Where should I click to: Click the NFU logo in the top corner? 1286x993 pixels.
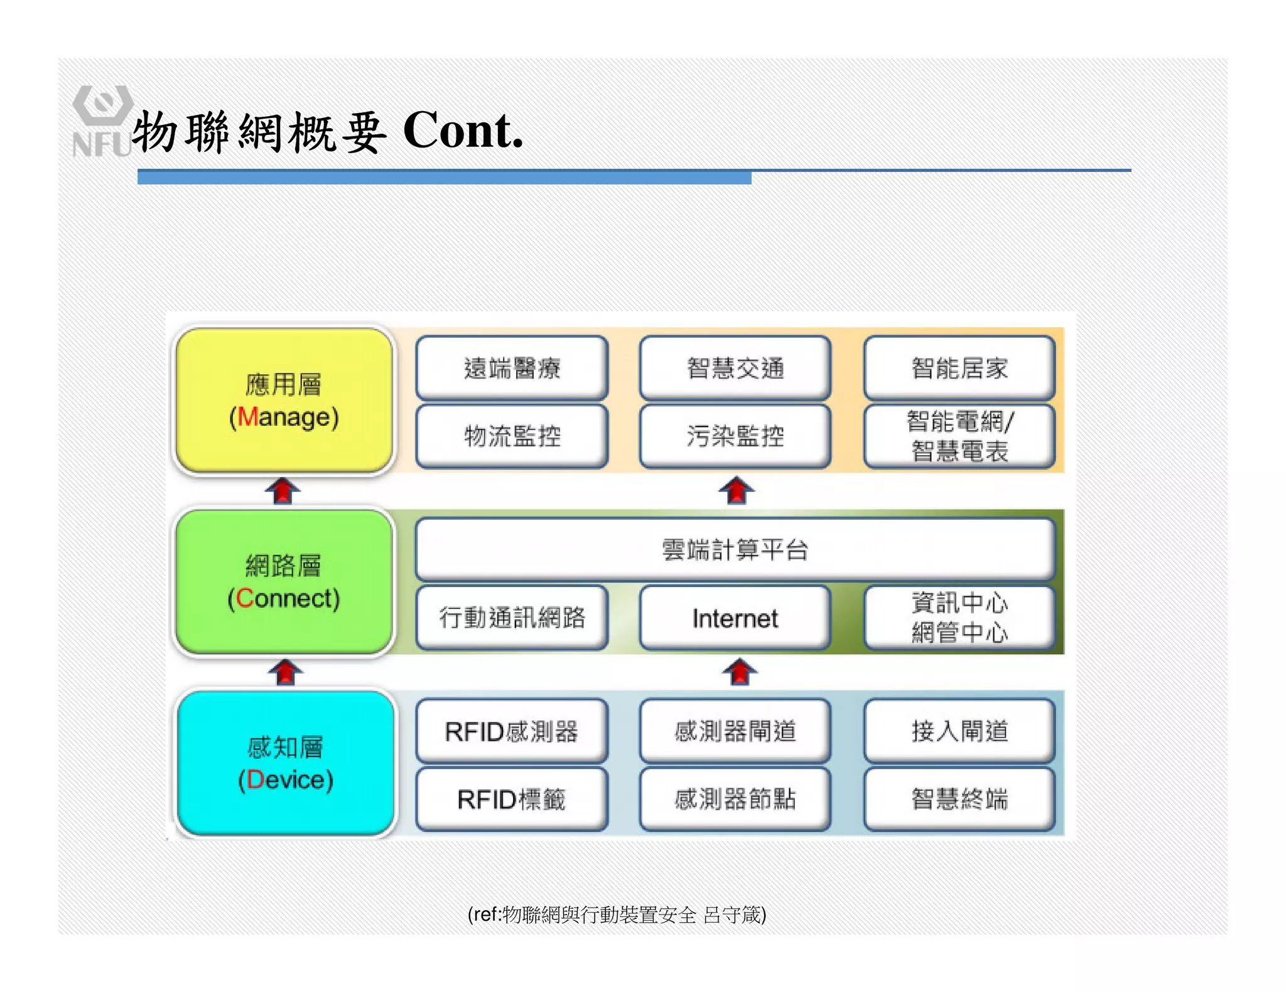coord(102,121)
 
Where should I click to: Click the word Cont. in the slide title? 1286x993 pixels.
coord(463,131)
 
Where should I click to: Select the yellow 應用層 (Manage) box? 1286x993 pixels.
coord(284,400)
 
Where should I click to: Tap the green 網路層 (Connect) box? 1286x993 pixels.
coord(284,582)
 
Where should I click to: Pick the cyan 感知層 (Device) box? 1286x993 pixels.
coord(286,763)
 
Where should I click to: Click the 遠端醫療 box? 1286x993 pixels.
coord(512,368)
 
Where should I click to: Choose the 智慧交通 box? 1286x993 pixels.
coord(735,368)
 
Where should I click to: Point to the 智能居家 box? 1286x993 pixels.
coord(959,368)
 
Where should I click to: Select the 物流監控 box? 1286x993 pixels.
coord(512,436)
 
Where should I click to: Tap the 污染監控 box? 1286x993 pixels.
coord(735,436)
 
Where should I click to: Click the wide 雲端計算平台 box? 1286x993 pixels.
coord(735,549)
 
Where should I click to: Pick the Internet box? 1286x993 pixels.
coord(735,618)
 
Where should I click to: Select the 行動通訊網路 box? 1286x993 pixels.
coord(512,618)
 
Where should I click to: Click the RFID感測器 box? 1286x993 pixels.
coord(512,731)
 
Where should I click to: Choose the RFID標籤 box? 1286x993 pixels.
coord(512,800)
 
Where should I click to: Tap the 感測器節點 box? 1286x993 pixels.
coord(735,800)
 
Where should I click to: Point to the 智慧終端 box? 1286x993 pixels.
coord(959,800)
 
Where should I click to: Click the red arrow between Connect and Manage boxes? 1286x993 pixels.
coord(283,490)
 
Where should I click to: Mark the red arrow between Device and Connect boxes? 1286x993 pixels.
coord(286,672)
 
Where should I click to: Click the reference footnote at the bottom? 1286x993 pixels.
coord(617,915)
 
